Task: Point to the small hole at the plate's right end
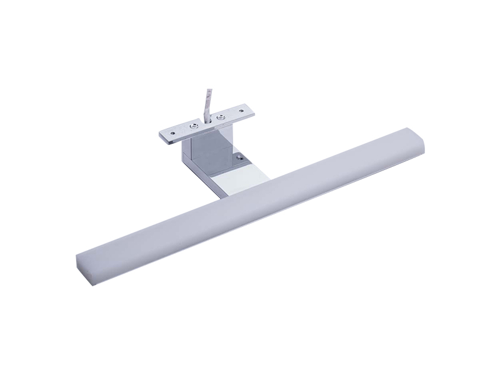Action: pyautogui.click(x=241, y=111)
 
